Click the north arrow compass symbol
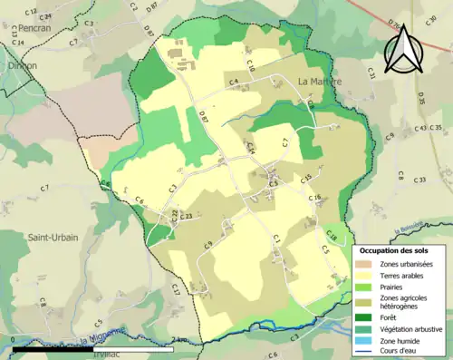(x=401, y=49)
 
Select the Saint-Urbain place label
(x=52, y=238)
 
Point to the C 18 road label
(x=331, y=237)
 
